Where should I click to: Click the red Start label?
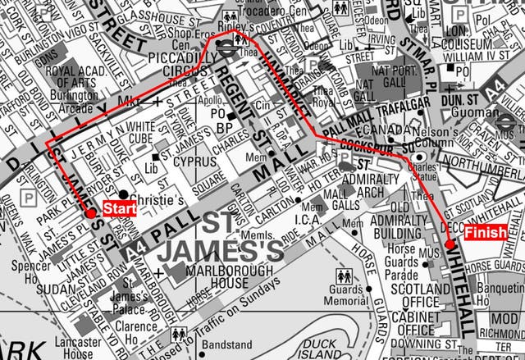coord(119,207)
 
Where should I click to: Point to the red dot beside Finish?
coord(450,244)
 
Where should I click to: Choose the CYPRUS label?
coord(194,162)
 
